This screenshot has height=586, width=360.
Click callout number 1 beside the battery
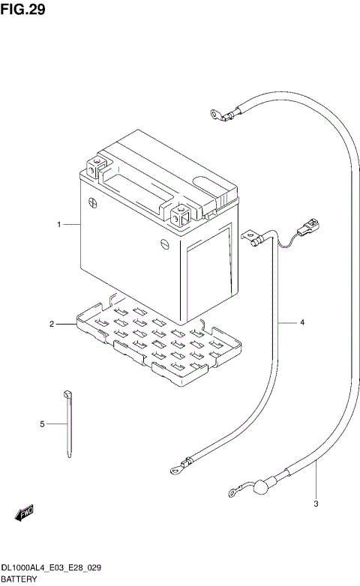(58, 224)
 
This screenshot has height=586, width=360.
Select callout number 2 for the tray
(52, 324)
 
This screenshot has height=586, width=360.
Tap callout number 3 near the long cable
(316, 503)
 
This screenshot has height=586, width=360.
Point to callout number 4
(302, 323)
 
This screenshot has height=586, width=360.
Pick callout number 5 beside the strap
(43, 424)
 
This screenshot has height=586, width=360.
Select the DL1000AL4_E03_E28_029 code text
(52, 569)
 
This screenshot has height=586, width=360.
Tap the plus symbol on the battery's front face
(92, 201)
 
